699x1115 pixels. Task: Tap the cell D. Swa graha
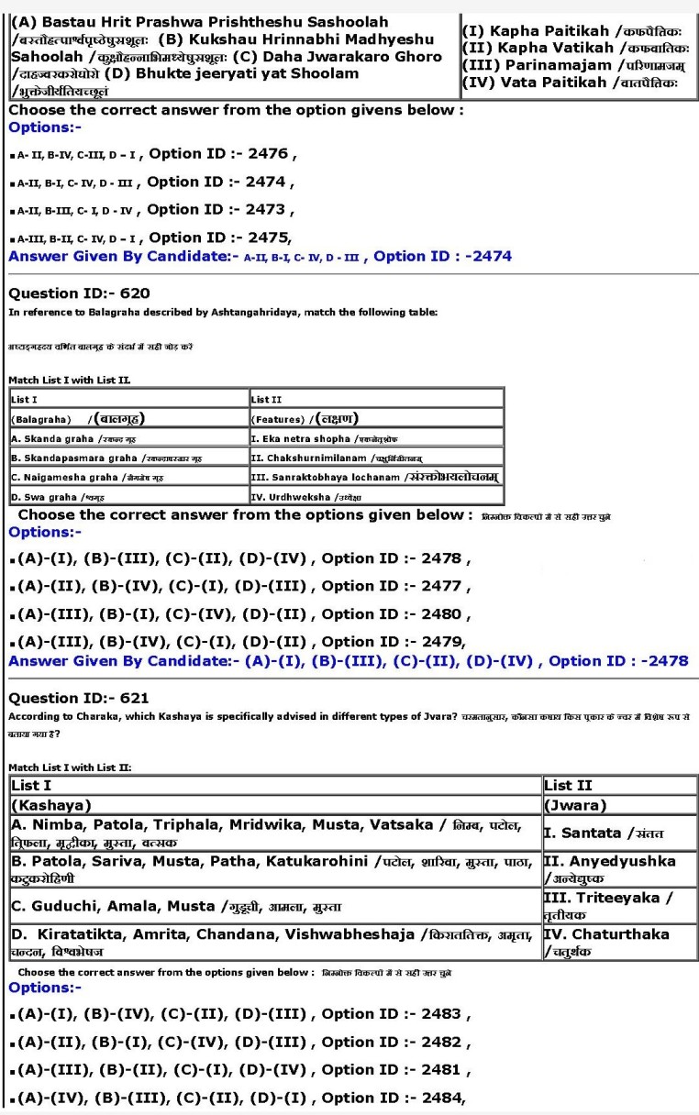click(128, 496)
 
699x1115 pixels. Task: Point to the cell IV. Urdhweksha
click(376, 496)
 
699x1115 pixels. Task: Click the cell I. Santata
click(618, 833)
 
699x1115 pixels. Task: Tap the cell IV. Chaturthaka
click(618, 942)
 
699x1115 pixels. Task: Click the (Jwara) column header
click(618, 805)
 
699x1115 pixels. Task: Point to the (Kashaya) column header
click(275, 805)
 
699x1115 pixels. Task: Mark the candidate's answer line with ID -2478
click(349, 661)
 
